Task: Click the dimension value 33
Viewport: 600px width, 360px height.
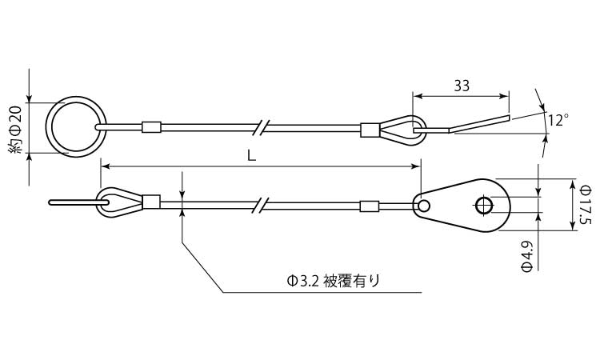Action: [x=461, y=86]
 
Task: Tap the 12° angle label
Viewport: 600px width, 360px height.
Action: [x=558, y=120]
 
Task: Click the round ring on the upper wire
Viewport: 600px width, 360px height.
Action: [x=72, y=126]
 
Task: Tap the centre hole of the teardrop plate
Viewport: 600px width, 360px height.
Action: [x=483, y=206]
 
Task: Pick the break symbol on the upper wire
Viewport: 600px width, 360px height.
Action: [x=261, y=126]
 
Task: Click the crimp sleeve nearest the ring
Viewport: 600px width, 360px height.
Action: [x=151, y=126]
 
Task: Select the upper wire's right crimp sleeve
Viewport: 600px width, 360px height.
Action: [x=370, y=130]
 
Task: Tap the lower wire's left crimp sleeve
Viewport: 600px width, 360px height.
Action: [x=150, y=202]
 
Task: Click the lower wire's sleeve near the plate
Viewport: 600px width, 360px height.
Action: [x=369, y=206]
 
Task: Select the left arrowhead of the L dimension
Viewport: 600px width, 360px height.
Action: [x=104, y=166]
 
